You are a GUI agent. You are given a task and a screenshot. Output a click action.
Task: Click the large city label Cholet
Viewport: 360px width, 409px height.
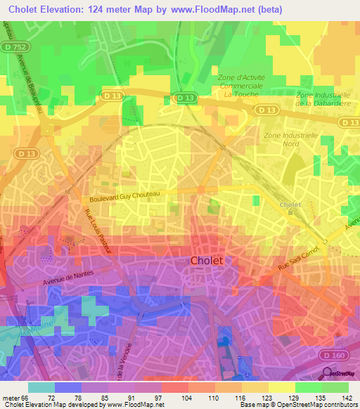coord(207,260)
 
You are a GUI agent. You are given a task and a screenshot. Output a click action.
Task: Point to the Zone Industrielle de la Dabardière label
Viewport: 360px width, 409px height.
coord(324,99)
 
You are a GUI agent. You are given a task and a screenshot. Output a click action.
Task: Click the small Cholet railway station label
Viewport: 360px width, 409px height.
coord(290,204)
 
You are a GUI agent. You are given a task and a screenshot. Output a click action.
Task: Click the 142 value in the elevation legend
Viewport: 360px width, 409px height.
coord(346,397)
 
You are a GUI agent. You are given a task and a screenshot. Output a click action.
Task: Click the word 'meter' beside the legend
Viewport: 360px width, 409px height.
coord(11,397)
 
